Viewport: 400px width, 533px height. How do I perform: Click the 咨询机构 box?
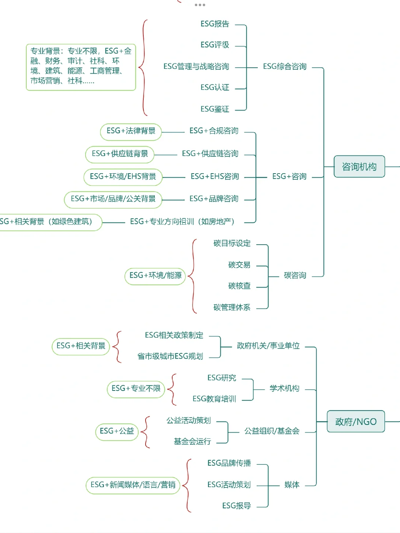359,167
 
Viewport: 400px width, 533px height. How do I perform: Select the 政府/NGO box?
356,422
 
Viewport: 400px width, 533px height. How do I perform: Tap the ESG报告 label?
215,24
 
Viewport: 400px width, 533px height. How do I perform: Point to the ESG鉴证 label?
215,109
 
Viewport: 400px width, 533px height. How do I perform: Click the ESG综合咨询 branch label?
284,67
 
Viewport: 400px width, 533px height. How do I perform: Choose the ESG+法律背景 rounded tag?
131,131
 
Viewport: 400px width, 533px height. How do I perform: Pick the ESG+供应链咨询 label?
210,154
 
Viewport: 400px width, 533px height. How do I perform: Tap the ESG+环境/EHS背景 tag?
123,177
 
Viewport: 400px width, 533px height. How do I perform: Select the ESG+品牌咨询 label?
214,199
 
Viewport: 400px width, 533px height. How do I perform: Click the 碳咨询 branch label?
295,275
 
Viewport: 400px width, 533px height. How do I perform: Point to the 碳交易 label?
239,265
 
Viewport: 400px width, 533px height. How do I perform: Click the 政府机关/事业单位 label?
268,346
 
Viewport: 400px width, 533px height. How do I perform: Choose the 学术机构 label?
284,388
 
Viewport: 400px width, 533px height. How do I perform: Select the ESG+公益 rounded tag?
117,431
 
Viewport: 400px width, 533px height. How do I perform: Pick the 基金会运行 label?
192,441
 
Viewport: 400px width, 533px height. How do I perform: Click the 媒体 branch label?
292,485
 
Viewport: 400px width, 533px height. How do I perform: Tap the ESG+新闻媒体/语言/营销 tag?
133,485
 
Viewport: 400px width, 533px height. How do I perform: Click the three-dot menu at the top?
200,5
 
